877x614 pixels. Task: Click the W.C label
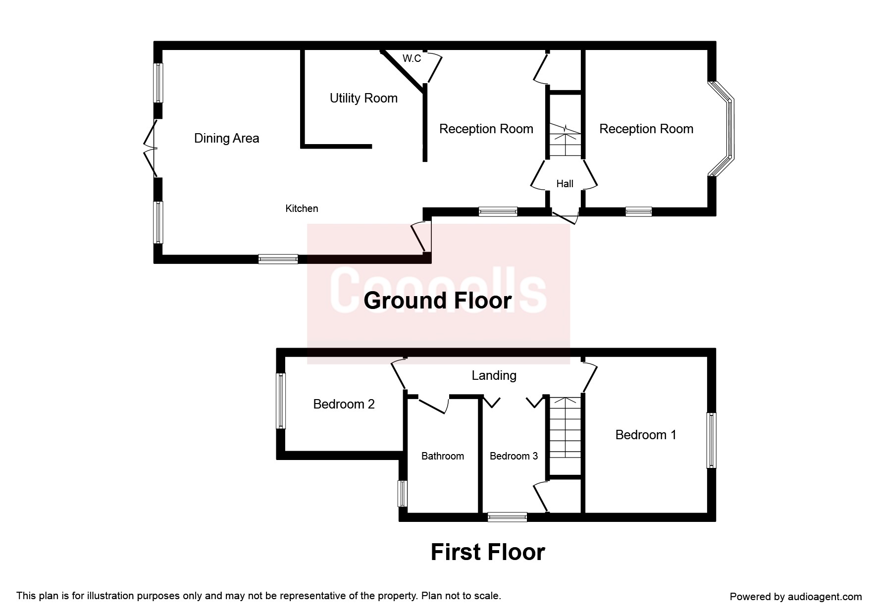tap(412, 58)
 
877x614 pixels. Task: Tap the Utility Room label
tap(363, 98)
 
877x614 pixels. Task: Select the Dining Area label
tap(226, 138)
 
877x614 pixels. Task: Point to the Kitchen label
tap(302, 208)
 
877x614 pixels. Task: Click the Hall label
tap(565, 184)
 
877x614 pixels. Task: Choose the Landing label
tap(494, 375)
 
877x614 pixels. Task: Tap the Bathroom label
tap(442, 456)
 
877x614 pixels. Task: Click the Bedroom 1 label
tap(646, 435)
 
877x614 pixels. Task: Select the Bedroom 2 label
tap(344, 404)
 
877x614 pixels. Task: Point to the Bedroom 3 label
tap(514, 456)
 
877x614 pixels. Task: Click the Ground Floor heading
tap(437, 301)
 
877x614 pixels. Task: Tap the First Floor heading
tap(488, 552)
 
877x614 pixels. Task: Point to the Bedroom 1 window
tap(712, 440)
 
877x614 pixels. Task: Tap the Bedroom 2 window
tap(281, 401)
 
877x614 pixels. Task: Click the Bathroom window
tap(403, 493)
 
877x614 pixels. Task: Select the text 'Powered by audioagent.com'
tap(796, 597)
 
